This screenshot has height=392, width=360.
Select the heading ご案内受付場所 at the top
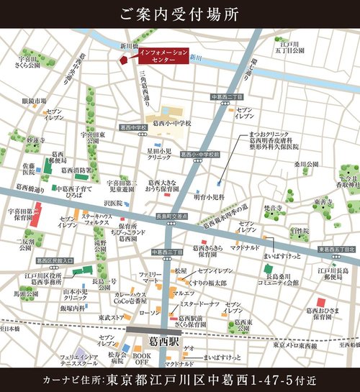(x=179, y=14)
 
